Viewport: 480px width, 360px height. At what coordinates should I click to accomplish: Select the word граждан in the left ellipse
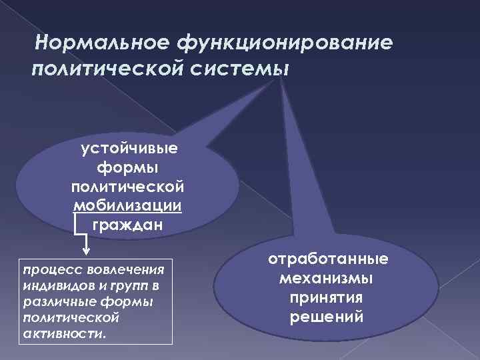(127, 224)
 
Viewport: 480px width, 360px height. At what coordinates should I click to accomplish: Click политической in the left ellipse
(127, 185)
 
